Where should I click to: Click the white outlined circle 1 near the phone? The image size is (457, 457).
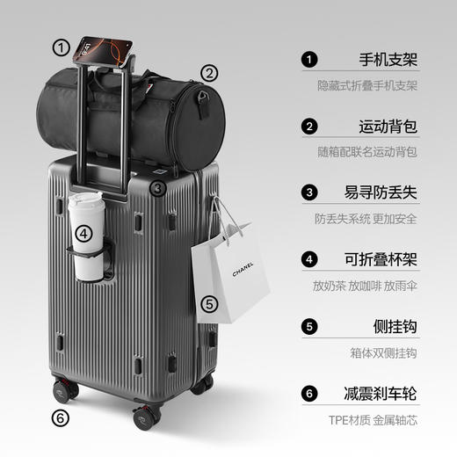tap(61, 47)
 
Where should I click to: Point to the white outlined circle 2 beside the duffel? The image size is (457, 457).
tap(209, 73)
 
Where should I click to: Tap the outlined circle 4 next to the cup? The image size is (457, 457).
tap(83, 234)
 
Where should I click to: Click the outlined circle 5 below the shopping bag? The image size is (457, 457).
tap(208, 305)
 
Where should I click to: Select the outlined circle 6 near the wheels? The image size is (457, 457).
tap(61, 417)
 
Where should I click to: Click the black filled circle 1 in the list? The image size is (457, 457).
tap(308, 61)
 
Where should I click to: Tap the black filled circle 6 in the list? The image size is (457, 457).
tap(308, 393)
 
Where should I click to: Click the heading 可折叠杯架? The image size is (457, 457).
tap(380, 260)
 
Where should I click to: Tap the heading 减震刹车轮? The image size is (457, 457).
tap(380, 393)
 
